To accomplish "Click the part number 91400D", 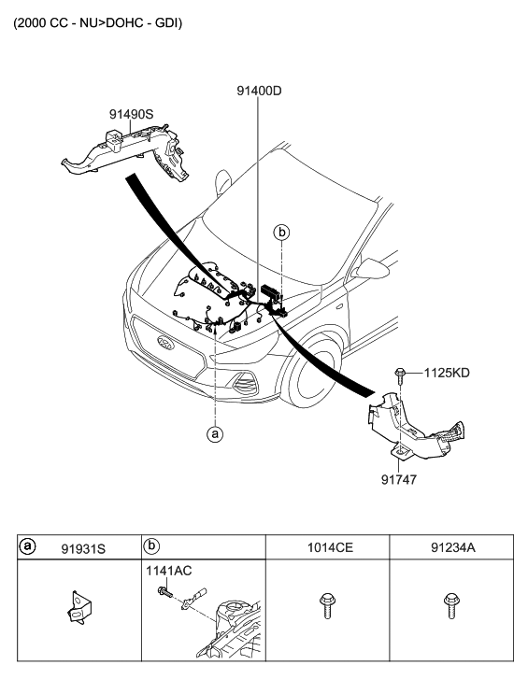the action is pyautogui.click(x=259, y=91).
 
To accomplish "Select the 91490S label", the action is pyautogui.click(x=131, y=114).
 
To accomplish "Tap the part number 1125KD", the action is pyautogui.click(x=447, y=373).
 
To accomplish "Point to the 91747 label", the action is pyautogui.click(x=399, y=480).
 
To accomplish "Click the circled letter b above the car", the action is pyautogui.click(x=281, y=233).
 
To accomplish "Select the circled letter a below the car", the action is pyautogui.click(x=215, y=433).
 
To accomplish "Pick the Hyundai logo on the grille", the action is pyautogui.click(x=166, y=342).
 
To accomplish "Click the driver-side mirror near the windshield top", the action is pyautogui.click(x=223, y=182).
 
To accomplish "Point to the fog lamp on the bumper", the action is pyautogui.click(x=244, y=383).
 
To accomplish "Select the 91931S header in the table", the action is pyautogui.click(x=83, y=549).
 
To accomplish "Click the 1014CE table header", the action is pyautogui.click(x=330, y=548).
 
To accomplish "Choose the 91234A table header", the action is pyautogui.click(x=453, y=548).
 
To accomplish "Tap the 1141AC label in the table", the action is pyautogui.click(x=168, y=571).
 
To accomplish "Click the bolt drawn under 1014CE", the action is pyautogui.click(x=327, y=606).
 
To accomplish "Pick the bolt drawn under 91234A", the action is pyautogui.click(x=451, y=606).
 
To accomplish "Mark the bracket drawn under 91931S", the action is pyautogui.click(x=79, y=607).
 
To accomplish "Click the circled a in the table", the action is pyautogui.click(x=27, y=546).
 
